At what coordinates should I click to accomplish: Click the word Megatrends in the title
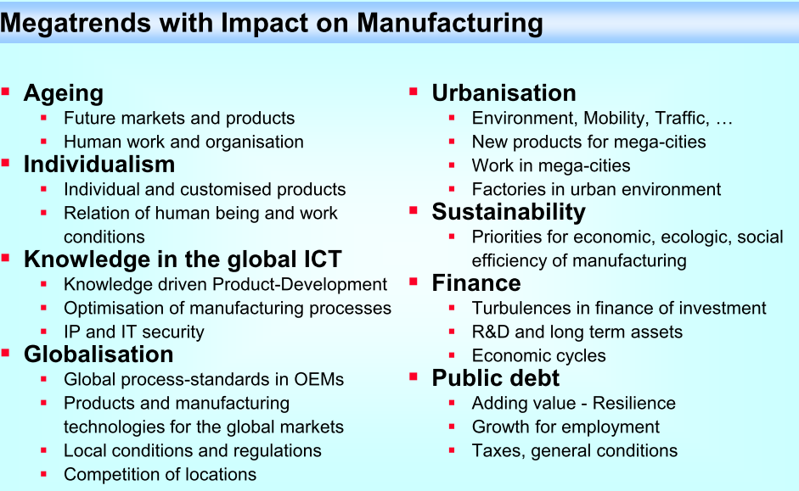tap(76, 24)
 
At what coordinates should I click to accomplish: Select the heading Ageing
tap(64, 94)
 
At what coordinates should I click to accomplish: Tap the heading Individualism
tap(99, 165)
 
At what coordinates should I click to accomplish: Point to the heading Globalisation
tap(98, 354)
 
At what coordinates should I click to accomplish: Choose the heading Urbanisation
tap(504, 93)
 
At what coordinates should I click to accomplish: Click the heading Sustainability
tap(509, 213)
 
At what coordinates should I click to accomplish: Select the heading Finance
tap(476, 283)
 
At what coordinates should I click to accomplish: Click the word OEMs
tap(318, 380)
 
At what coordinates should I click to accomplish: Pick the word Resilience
tap(634, 404)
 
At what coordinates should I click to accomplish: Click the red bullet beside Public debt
tap(414, 377)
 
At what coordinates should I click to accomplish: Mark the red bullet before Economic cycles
tap(452, 355)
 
